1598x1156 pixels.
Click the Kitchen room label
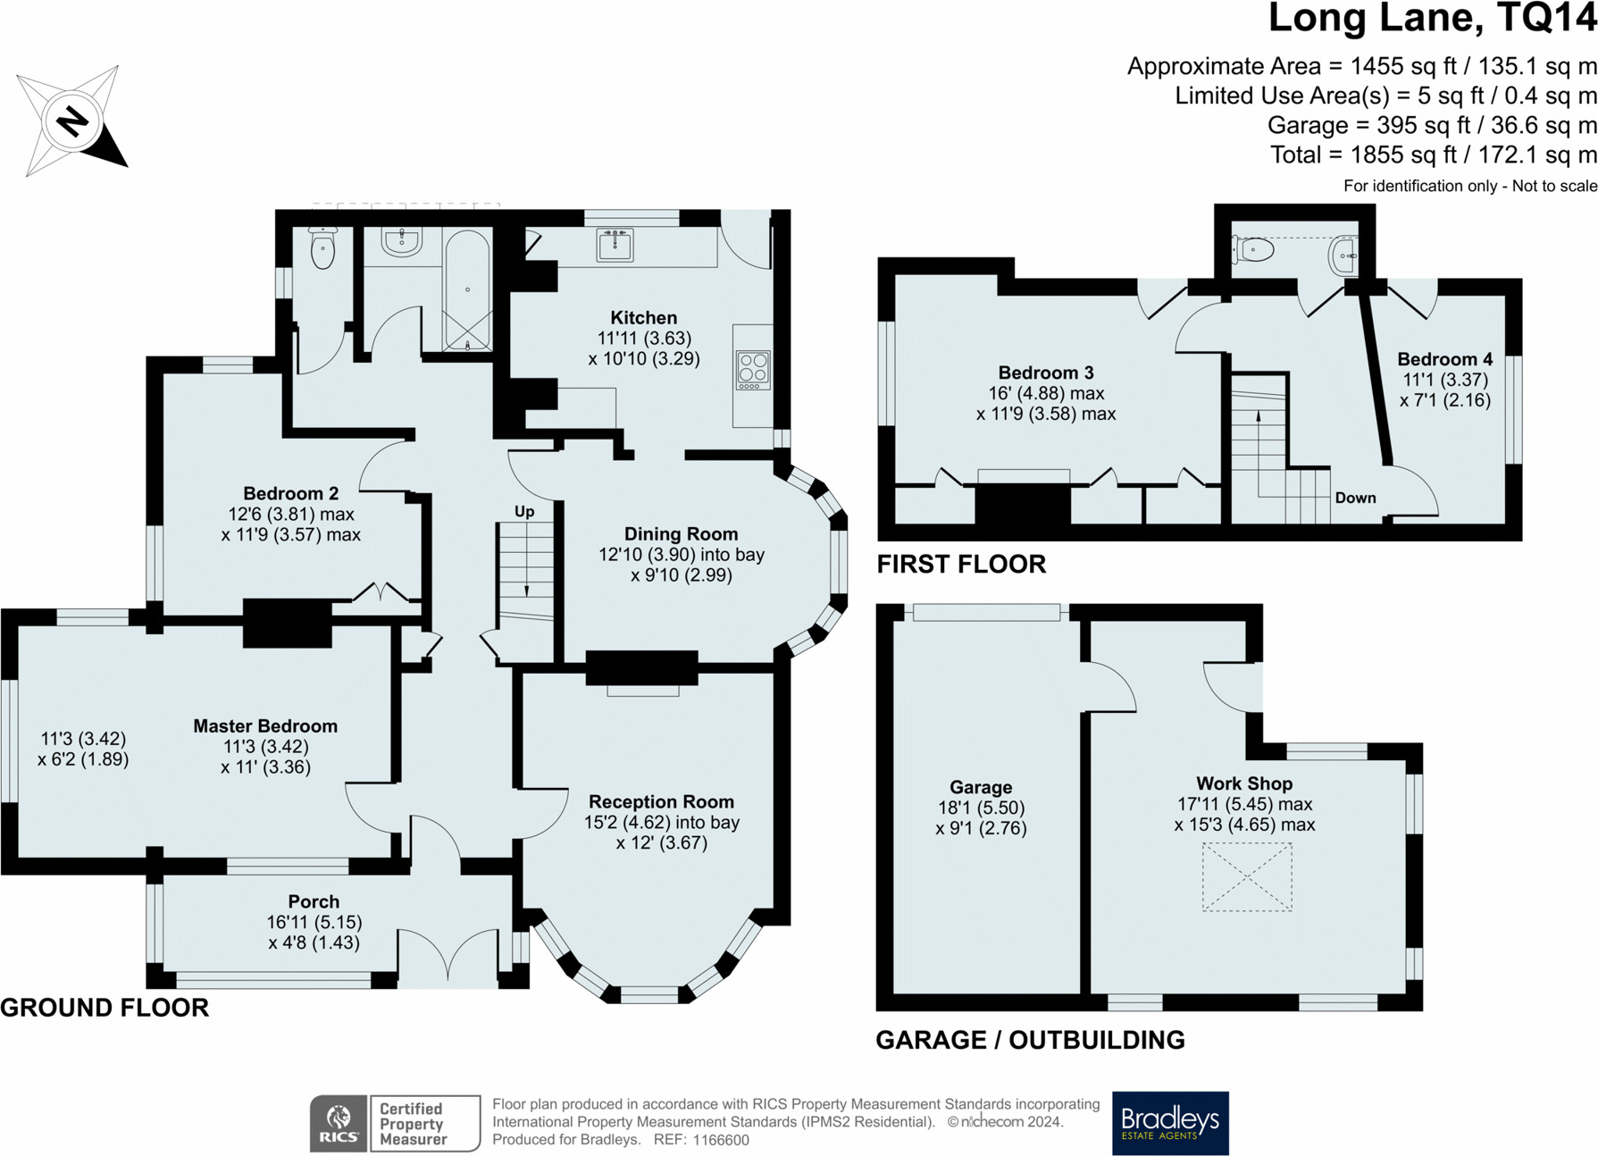[643, 317]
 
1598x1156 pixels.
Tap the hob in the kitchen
[753, 370]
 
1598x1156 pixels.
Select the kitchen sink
[615, 245]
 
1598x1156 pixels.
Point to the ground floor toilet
[322, 247]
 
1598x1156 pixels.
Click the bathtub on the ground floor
[467, 290]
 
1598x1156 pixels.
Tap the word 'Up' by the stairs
[524, 511]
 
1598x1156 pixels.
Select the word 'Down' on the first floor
[1355, 498]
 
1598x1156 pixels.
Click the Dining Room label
[681, 533]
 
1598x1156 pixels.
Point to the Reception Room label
[661, 801]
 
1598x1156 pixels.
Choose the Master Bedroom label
[265, 725]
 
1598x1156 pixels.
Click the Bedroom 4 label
[1444, 359]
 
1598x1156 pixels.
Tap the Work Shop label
[1244, 783]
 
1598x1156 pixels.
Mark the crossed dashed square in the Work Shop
[1247, 876]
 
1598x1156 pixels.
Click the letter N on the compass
[72, 121]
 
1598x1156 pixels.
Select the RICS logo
[339, 1123]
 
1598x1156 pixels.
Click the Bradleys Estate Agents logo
[1170, 1123]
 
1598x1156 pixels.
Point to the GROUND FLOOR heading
[105, 1008]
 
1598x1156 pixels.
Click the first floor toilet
[1252, 249]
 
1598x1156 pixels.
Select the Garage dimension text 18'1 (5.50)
[981, 808]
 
